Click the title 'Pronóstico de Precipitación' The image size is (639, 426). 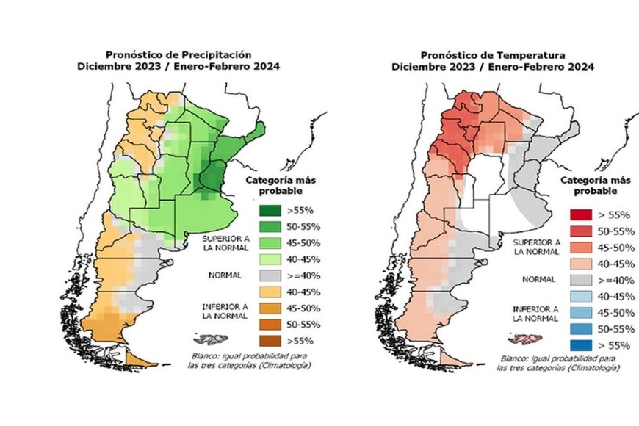178,54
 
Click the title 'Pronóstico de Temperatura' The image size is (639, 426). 493,55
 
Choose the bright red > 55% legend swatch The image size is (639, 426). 580,215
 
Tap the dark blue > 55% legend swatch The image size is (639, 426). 580,345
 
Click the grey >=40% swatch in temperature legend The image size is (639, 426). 580,280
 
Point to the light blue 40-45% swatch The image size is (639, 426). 580,296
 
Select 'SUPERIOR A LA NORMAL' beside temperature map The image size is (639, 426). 536,246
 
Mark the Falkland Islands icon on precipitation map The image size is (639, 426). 206,340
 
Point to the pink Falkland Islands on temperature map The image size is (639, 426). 522,339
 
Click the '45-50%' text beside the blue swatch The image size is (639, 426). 612,312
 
